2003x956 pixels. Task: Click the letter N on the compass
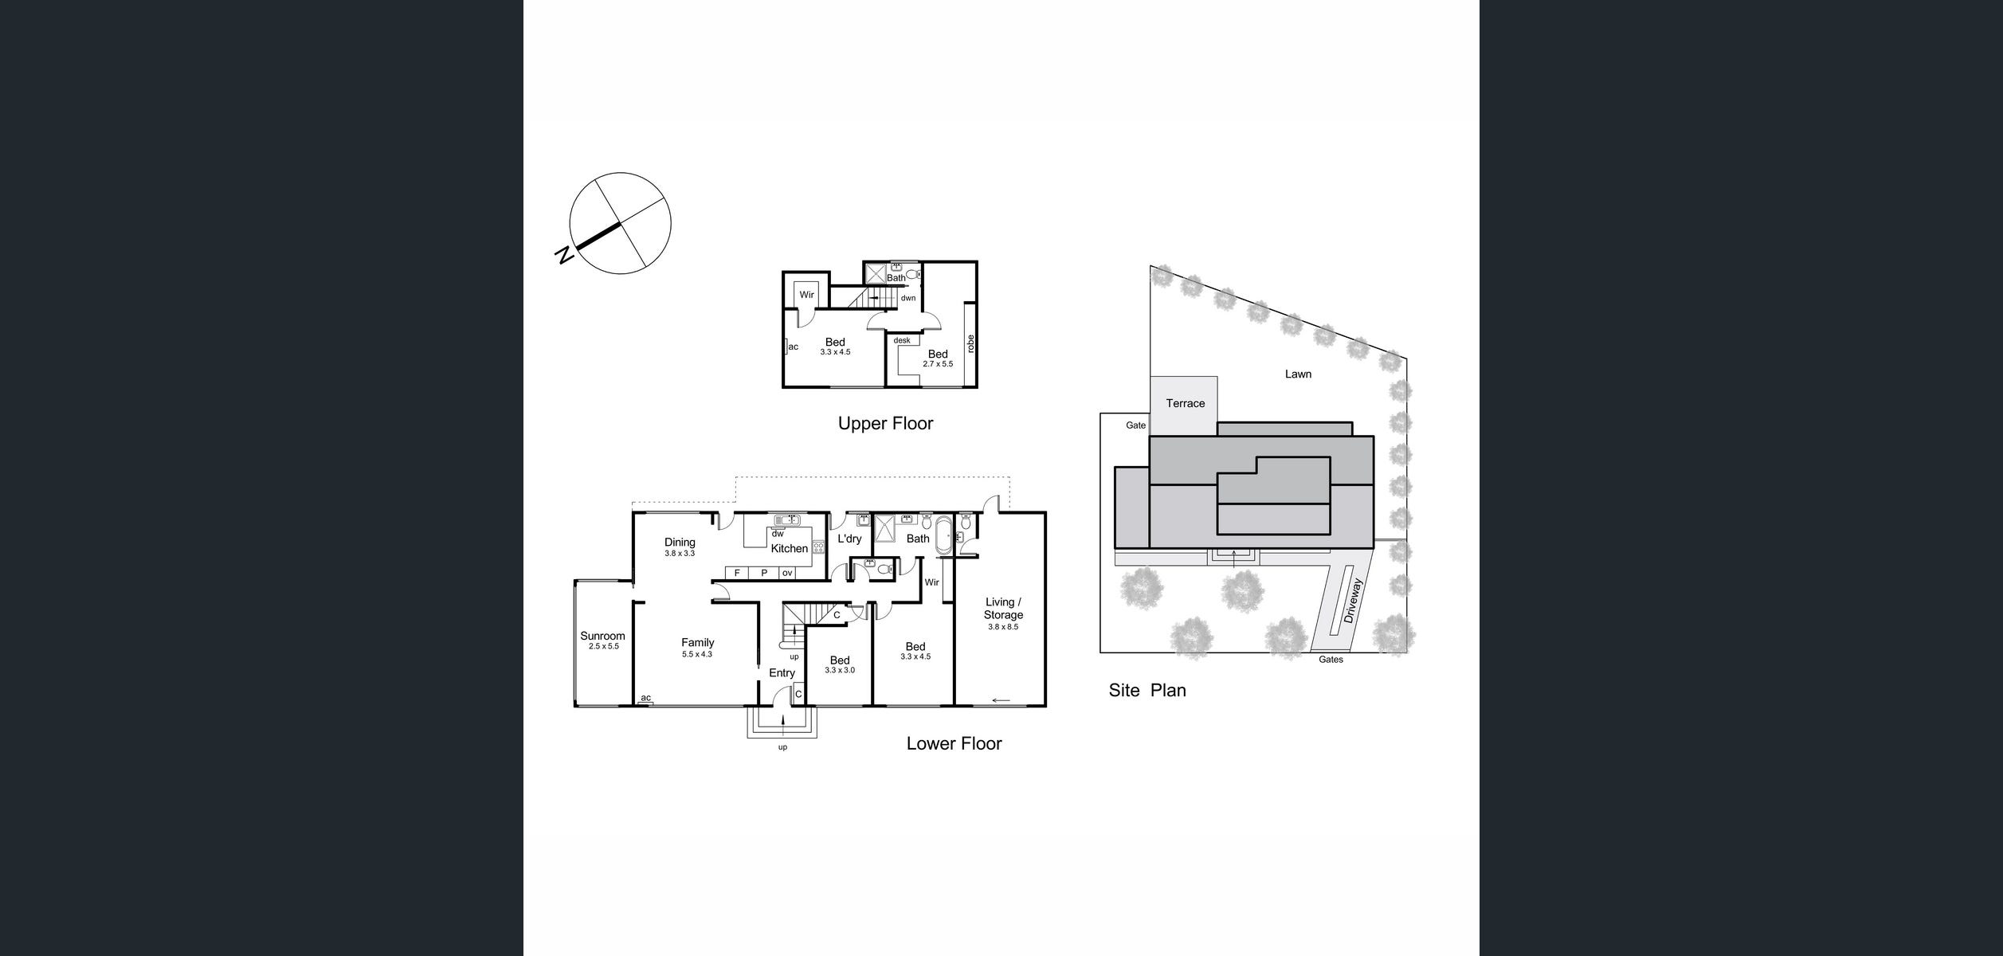coord(564,255)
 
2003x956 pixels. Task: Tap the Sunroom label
coord(602,636)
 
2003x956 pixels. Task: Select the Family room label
coord(697,642)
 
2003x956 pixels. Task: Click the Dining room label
coord(680,543)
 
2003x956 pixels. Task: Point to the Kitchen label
coord(789,548)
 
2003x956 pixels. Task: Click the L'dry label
coord(849,539)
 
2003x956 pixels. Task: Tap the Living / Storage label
coord(1003,609)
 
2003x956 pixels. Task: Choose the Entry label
coord(782,673)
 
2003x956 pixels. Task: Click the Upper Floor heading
coord(885,423)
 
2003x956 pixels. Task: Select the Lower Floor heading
coord(954,743)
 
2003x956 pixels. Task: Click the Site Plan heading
coord(1147,690)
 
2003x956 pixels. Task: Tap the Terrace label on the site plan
coord(1185,403)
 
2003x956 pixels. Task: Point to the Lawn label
coord(1298,374)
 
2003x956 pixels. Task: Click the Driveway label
coord(1353,601)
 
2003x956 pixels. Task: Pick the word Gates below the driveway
coord(1331,660)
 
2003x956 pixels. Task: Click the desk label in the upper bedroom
coord(901,340)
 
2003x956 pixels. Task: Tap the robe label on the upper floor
coord(970,343)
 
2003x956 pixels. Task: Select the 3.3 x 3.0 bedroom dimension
coord(840,670)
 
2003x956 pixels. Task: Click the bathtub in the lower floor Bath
coord(943,536)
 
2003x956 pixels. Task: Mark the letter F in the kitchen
coord(737,573)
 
